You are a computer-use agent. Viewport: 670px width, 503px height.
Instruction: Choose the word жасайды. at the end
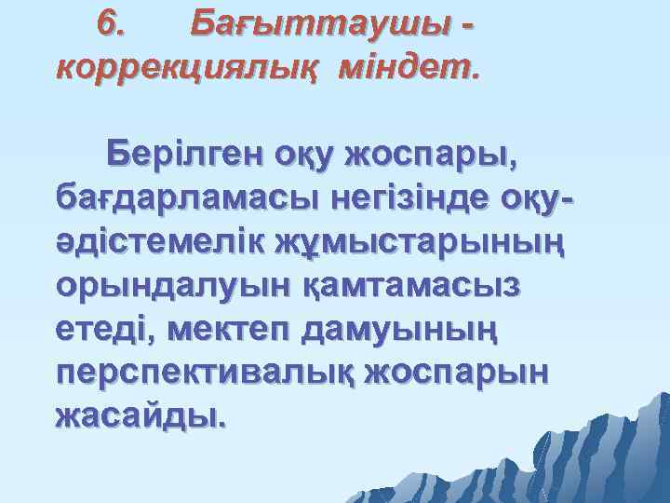coord(141,414)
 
